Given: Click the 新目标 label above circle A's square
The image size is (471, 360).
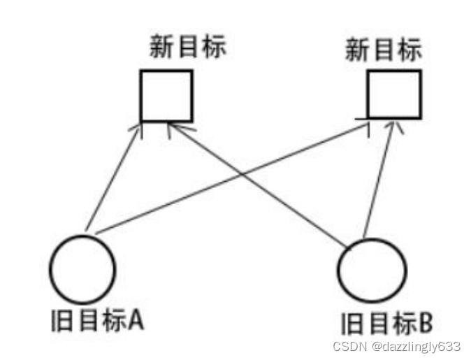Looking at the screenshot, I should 189,48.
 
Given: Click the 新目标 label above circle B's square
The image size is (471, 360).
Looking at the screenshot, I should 384,50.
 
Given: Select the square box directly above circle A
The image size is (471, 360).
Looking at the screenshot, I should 166,95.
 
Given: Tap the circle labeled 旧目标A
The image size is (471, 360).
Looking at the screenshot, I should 82,268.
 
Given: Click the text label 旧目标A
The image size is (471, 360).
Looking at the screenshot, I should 96,320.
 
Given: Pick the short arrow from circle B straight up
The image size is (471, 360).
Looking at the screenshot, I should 382,178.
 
